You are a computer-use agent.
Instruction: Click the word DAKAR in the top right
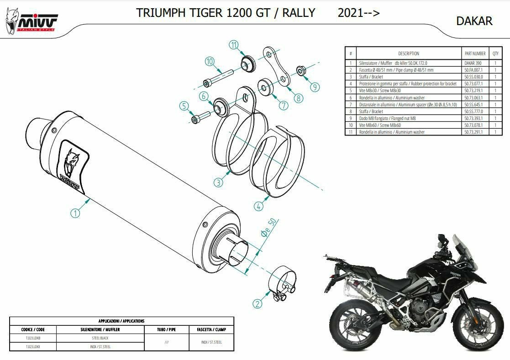[x=474, y=21]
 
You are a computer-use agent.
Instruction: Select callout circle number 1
[x=75, y=213]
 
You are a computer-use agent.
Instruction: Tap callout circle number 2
[x=258, y=303]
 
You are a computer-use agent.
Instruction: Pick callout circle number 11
[x=234, y=45]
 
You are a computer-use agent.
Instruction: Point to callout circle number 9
[x=315, y=87]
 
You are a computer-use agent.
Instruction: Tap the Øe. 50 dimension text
[x=268, y=228]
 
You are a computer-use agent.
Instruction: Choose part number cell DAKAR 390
[x=473, y=63]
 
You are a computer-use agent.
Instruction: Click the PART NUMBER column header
[x=474, y=53]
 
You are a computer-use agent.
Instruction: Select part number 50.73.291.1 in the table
[x=474, y=132]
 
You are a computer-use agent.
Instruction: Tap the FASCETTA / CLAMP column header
[x=211, y=329]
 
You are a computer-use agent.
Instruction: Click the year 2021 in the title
[x=349, y=13]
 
